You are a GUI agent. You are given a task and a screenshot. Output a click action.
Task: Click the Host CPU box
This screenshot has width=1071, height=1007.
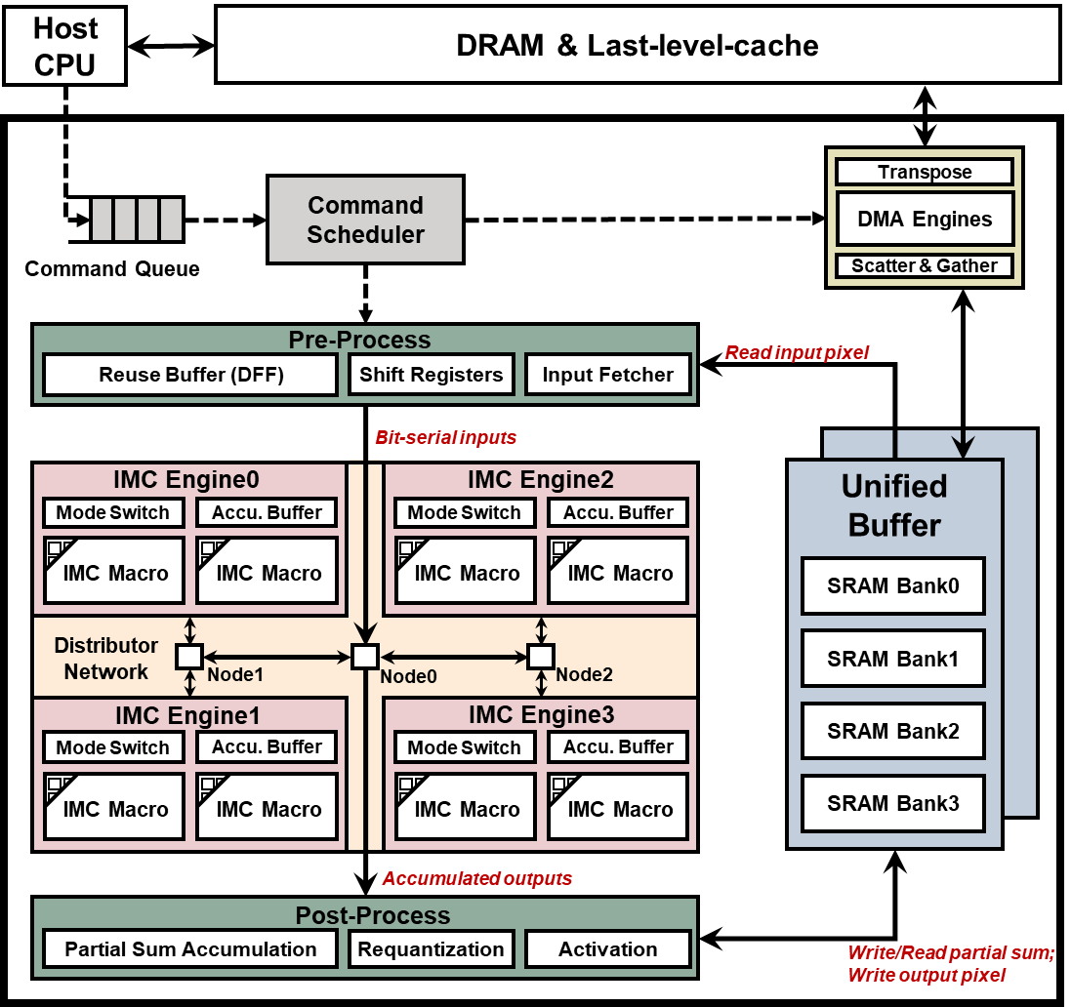(x=64, y=46)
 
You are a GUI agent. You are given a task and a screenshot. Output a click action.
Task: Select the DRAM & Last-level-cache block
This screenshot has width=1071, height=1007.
(x=637, y=45)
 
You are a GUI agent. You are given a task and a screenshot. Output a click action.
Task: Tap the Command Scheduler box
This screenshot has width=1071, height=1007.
(x=365, y=220)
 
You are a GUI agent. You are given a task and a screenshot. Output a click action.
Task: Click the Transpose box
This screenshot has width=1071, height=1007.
(x=925, y=173)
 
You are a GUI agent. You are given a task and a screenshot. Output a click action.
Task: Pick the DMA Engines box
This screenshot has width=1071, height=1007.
(x=925, y=219)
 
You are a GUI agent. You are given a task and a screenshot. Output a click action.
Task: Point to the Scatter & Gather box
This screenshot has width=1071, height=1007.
(x=925, y=265)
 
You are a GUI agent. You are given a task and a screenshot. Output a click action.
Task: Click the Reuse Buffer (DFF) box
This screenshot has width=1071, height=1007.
(x=191, y=375)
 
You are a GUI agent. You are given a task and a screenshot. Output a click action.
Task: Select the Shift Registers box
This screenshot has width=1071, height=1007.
(x=431, y=375)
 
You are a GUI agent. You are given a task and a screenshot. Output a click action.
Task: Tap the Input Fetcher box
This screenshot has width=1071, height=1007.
(x=607, y=375)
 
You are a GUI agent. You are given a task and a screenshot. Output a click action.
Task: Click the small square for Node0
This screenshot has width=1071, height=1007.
(x=365, y=657)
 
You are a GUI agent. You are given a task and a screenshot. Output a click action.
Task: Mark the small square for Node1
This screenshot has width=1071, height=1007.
(x=188, y=657)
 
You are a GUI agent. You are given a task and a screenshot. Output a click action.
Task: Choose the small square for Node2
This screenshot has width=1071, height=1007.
(x=540, y=657)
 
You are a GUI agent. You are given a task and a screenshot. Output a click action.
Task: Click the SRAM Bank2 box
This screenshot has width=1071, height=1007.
(x=892, y=731)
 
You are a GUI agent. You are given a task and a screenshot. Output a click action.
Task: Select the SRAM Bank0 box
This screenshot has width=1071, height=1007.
(x=892, y=586)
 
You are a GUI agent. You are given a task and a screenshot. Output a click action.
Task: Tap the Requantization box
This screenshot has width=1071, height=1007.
(x=431, y=949)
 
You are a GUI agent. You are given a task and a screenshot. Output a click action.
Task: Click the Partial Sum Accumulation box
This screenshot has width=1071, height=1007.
(x=190, y=949)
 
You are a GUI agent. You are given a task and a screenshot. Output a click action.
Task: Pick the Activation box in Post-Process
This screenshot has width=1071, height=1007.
(x=607, y=949)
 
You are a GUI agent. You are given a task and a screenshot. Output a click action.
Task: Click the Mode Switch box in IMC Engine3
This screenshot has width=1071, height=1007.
(x=464, y=747)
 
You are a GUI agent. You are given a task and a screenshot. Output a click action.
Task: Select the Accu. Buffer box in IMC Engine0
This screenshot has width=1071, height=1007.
(x=267, y=512)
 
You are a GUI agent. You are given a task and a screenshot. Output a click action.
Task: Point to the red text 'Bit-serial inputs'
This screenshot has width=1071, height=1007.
(x=445, y=438)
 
